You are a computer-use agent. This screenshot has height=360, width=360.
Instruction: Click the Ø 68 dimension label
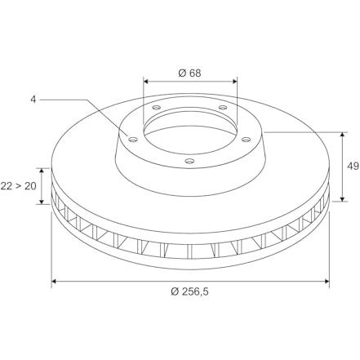(x=189, y=73)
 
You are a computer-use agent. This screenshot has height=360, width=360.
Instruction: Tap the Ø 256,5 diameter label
(x=189, y=291)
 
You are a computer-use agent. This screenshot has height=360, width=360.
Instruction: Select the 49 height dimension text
(x=353, y=166)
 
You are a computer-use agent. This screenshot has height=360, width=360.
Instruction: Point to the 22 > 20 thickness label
(x=18, y=186)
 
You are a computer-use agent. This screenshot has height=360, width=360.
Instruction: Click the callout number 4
(x=33, y=100)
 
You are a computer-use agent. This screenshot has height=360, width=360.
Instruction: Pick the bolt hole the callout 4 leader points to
(x=133, y=140)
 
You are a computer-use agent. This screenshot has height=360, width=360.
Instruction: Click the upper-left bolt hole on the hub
(x=157, y=108)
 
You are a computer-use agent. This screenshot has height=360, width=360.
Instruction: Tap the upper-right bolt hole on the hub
(x=223, y=108)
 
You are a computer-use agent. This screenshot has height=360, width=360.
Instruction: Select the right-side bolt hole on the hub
(x=246, y=140)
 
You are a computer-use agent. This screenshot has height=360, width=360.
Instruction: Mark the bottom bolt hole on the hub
(x=189, y=161)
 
